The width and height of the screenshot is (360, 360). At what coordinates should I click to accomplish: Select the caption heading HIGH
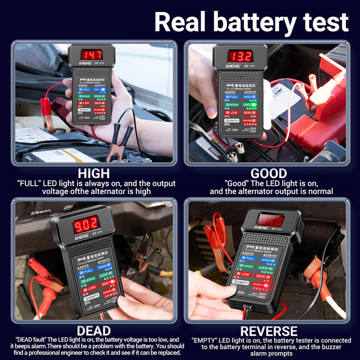(x=93, y=173)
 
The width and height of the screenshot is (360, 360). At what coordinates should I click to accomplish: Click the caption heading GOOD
(x=269, y=173)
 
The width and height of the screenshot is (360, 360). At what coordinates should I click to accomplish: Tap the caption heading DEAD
(x=94, y=331)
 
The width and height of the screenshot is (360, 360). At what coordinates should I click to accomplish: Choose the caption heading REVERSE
(x=268, y=331)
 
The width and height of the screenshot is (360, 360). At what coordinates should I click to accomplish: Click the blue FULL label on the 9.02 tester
(x=88, y=270)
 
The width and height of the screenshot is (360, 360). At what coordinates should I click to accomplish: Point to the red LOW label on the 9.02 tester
(x=91, y=288)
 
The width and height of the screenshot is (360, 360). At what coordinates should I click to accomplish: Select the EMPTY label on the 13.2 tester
(x=234, y=121)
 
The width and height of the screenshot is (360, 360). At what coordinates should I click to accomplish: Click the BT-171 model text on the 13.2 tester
(x=249, y=66)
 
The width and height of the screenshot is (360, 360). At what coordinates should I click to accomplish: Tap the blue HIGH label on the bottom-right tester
(x=266, y=260)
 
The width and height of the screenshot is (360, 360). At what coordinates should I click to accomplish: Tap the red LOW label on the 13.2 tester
(x=234, y=112)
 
